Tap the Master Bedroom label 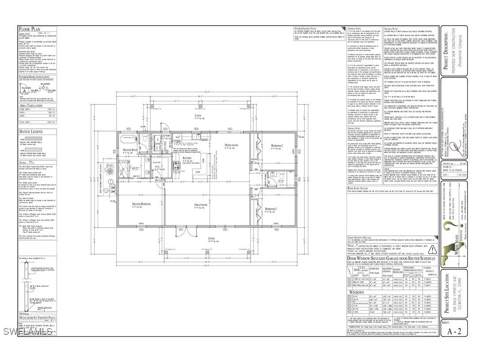point(141,204)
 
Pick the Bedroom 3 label point(271,208)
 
